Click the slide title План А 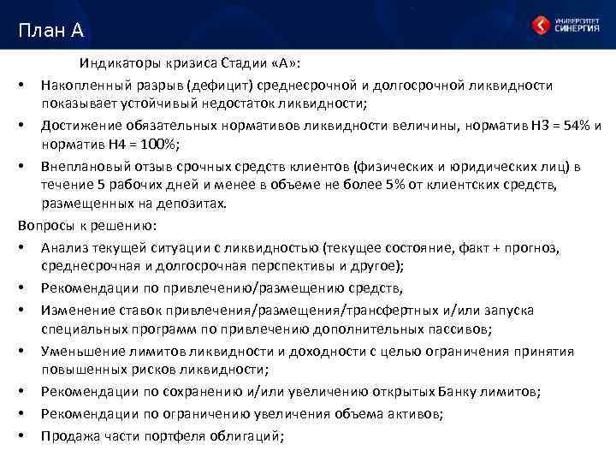pos(50,32)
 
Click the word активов pos(413,414)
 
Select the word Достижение pos(78,126)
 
